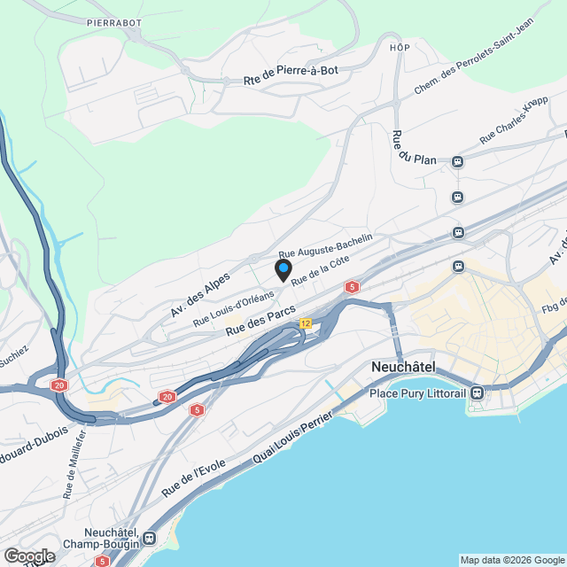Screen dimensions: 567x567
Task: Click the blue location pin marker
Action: [x=283, y=269]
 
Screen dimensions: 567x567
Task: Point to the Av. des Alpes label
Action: [x=200, y=293]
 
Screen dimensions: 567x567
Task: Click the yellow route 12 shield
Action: [x=306, y=323]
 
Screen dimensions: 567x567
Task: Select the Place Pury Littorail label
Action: [x=419, y=392]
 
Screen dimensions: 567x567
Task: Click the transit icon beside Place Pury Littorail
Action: [x=478, y=392]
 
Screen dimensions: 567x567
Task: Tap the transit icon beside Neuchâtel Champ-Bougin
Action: [x=149, y=537]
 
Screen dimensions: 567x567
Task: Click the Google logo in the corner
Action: [x=28, y=556]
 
